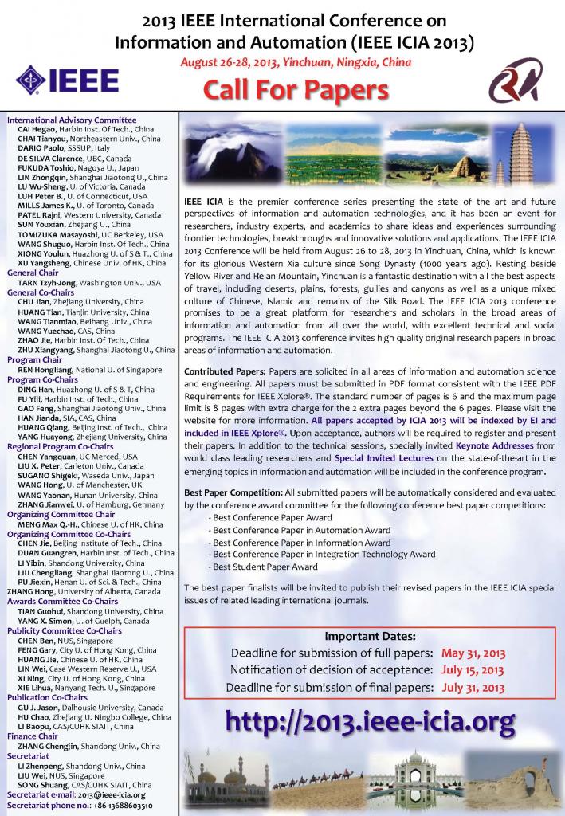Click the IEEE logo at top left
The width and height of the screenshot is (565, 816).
coord(68,80)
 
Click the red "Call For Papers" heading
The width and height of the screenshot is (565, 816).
coord(284,90)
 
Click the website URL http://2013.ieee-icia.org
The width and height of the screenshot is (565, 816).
coord(370,722)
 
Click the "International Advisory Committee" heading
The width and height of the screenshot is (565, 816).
coord(61,120)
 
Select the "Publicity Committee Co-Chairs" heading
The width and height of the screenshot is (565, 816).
coord(64,630)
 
